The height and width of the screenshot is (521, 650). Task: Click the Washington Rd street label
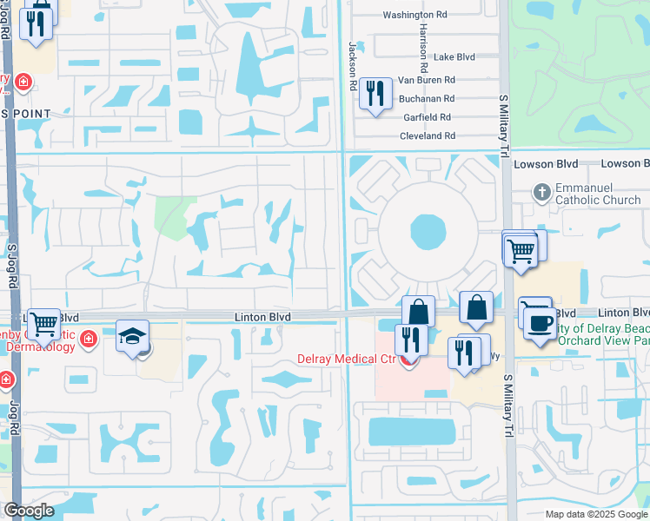point(415,15)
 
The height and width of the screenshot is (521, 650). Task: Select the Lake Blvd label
point(454,57)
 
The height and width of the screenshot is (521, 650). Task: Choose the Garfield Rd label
point(426,117)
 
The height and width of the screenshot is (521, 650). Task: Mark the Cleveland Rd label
point(427,136)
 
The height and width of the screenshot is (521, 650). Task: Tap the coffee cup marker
point(540,321)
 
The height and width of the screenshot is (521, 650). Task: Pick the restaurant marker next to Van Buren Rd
point(375,93)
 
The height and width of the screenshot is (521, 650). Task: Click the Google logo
point(28,511)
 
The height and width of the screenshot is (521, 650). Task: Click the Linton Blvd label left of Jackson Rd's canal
point(262,318)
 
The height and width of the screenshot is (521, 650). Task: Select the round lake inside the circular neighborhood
point(427,232)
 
